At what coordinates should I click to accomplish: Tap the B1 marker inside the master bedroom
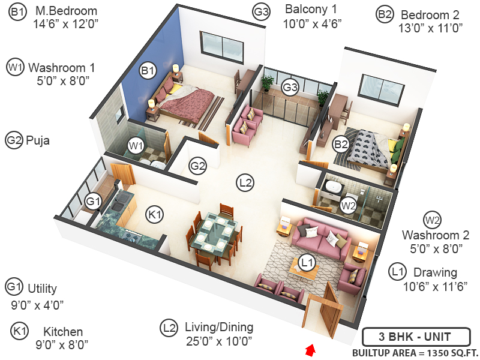148,71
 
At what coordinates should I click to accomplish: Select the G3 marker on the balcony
290,87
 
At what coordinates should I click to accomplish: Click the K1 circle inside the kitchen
155,214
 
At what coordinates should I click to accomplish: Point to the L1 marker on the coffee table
307,262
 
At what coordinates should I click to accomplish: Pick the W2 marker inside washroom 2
347,206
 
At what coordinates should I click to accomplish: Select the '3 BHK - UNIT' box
415,337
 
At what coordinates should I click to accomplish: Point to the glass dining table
216,230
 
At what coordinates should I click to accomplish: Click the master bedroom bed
186,102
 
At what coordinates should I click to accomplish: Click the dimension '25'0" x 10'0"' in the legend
218,342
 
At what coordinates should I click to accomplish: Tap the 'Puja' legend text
39,141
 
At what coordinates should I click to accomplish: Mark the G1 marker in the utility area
92,202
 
